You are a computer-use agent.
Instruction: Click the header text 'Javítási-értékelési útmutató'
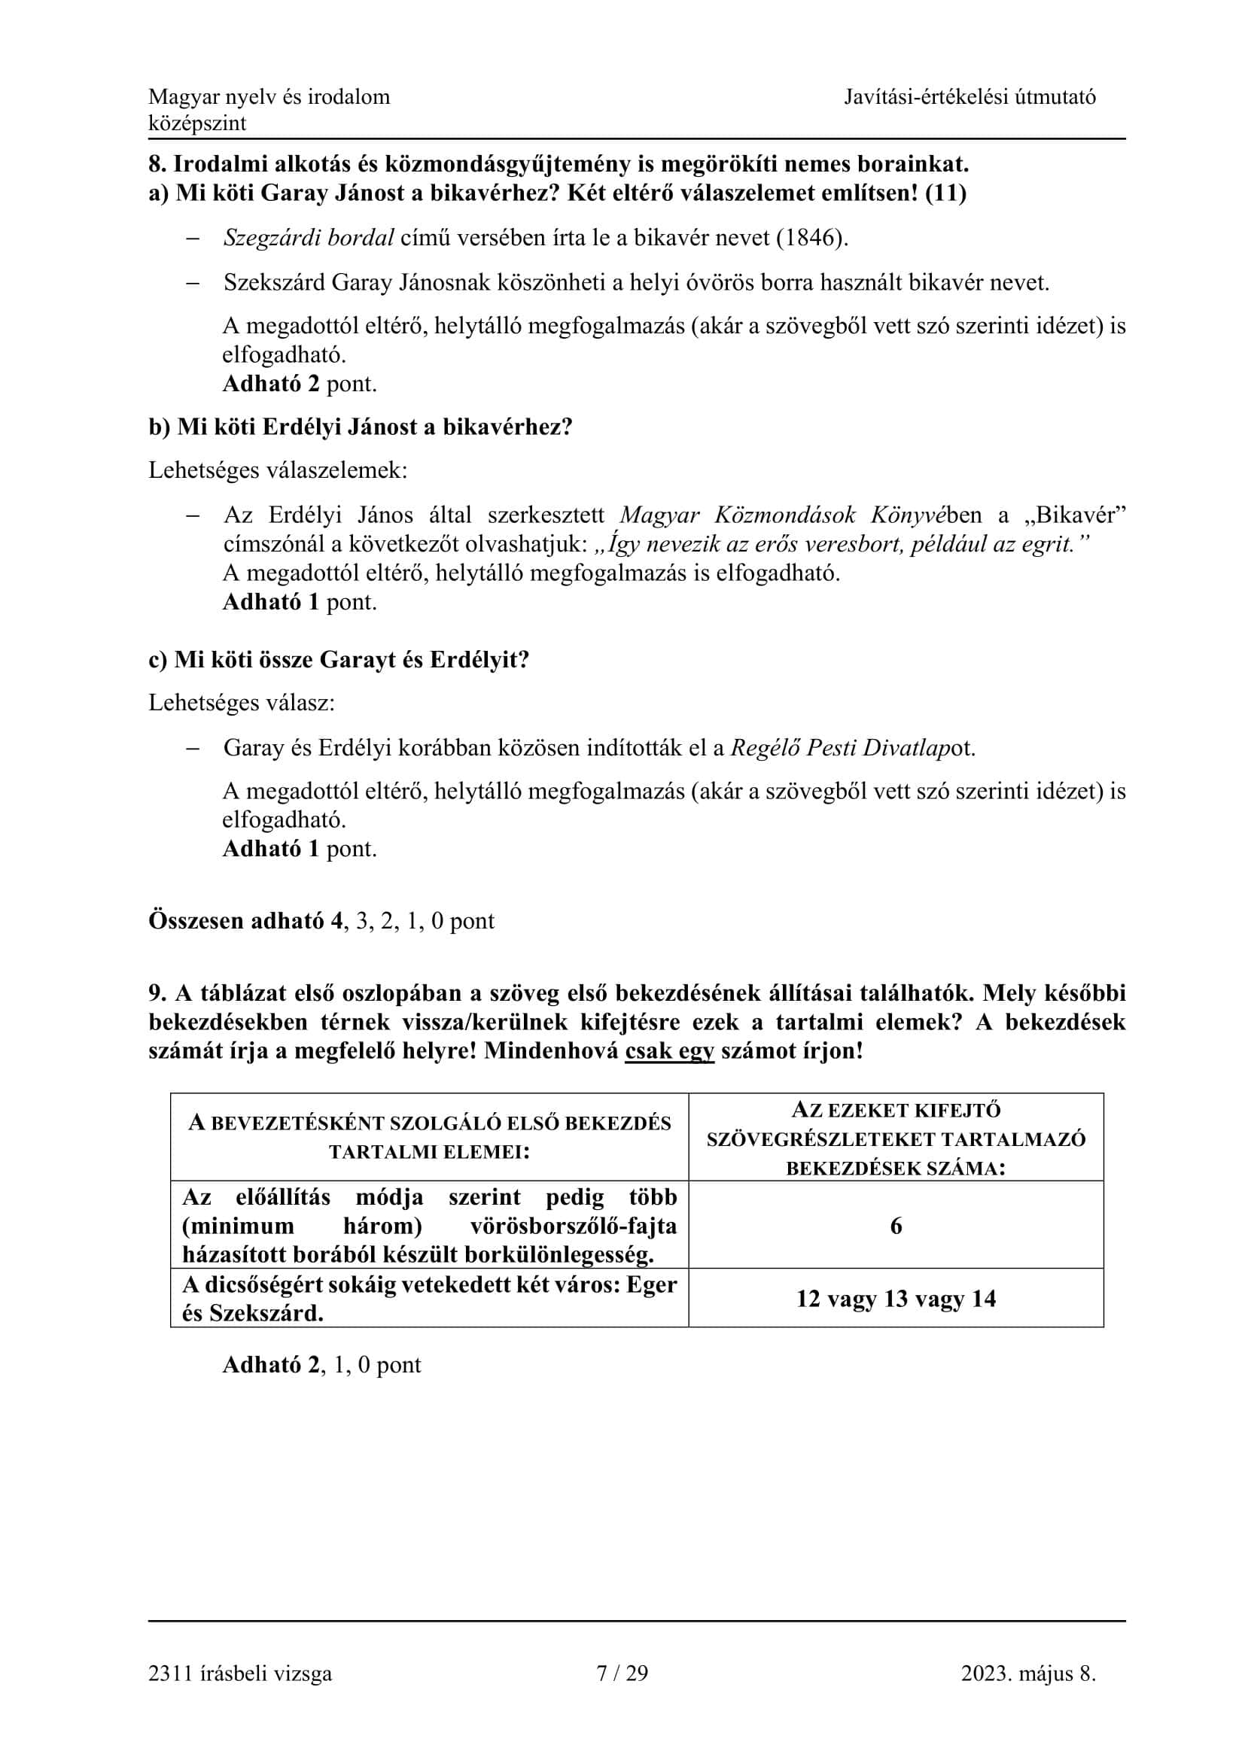pos(970,97)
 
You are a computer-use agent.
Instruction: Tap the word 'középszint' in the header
pos(197,123)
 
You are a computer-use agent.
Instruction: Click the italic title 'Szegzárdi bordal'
pos(309,238)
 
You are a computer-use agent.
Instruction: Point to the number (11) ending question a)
pos(945,193)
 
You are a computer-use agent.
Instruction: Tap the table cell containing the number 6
pos(896,1226)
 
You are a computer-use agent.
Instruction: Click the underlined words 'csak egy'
pos(669,1051)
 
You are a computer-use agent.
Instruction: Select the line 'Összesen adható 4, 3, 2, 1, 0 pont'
pos(321,920)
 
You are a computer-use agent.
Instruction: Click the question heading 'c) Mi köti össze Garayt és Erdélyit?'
pos(339,660)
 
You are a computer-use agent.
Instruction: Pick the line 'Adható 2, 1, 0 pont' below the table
pos(321,1364)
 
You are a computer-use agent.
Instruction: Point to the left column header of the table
pos(429,1138)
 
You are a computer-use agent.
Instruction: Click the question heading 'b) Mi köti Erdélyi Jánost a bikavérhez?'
pos(361,427)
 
